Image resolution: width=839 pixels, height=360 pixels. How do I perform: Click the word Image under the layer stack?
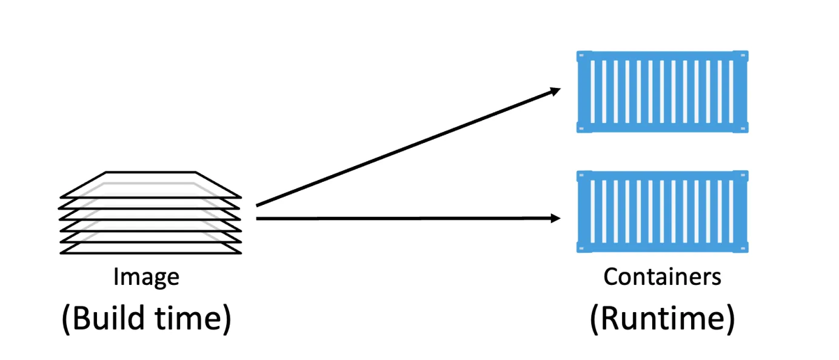tap(146, 277)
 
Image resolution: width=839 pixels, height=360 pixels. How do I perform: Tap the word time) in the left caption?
tap(194, 318)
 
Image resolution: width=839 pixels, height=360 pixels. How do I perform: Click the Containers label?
tap(663, 277)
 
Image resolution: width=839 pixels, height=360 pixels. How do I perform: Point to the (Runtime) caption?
tap(662, 318)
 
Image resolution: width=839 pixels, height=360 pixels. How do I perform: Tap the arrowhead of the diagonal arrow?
tap(555, 91)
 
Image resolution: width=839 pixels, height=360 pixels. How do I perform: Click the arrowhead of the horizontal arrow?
tap(555, 218)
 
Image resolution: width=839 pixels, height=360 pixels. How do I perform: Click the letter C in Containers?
tap(610, 277)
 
